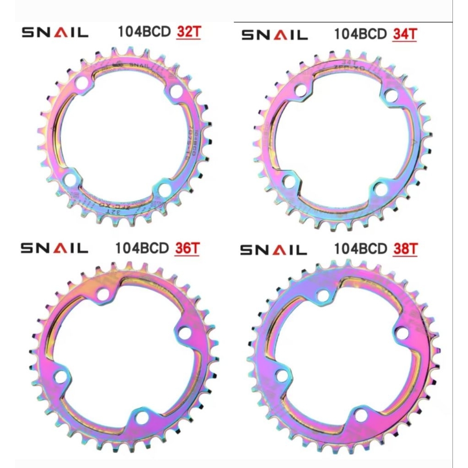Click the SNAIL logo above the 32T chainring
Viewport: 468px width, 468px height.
tap(55, 33)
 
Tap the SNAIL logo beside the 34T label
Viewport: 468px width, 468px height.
tap(274, 35)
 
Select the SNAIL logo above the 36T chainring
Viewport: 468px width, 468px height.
tap(54, 248)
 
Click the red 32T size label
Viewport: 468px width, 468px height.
tap(188, 33)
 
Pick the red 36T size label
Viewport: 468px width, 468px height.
tap(187, 248)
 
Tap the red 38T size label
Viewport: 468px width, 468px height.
tap(405, 248)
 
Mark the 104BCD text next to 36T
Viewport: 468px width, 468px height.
tap(143, 248)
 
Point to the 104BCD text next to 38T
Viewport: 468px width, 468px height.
tap(361, 248)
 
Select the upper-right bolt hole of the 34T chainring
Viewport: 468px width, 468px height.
tap(391, 95)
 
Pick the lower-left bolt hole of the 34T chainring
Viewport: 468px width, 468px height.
tap(289, 181)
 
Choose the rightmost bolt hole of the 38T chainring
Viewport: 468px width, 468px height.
tap(402, 333)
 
